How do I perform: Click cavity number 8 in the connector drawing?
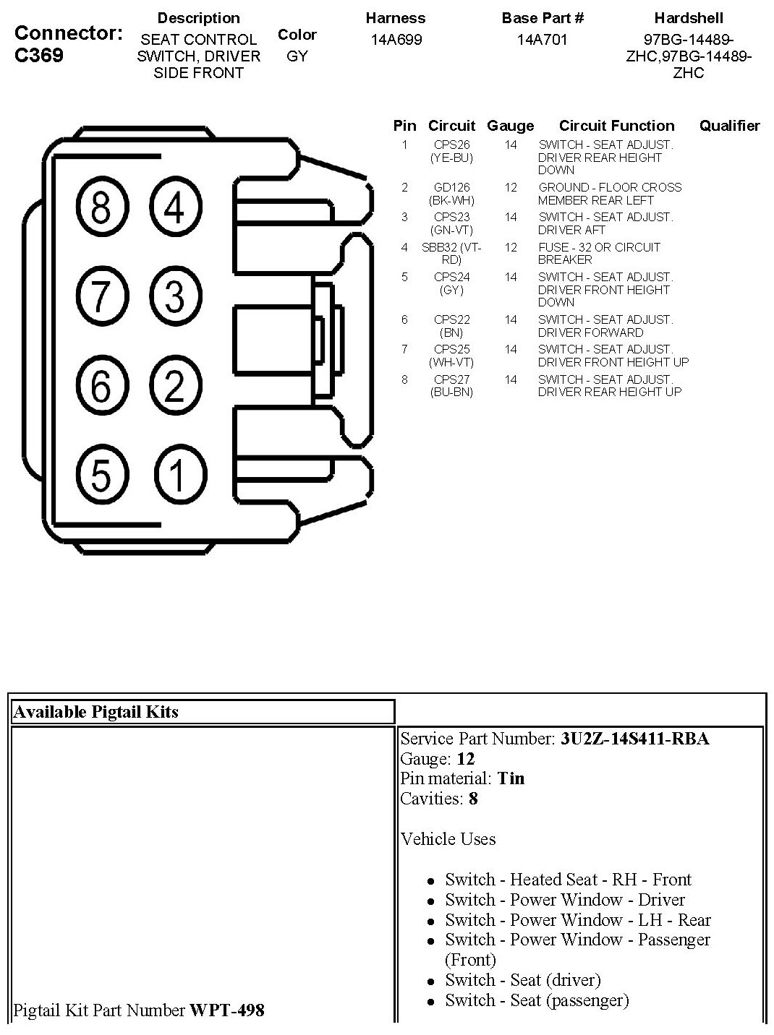tap(101, 207)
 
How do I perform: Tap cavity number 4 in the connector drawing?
tap(175, 207)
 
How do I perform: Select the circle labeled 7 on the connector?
tap(101, 296)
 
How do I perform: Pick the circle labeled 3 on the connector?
tap(175, 296)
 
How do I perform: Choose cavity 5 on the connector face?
tap(101, 474)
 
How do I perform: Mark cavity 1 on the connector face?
tap(177, 474)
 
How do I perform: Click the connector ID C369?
tap(39, 56)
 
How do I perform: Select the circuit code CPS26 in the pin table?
tap(451, 145)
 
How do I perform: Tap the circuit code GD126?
tap(451, 188)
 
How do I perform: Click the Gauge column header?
tap(510, 126)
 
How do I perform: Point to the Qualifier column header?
tap(729, 126)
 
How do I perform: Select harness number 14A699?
tap(396, 40)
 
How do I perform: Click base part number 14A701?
tap(543, 40)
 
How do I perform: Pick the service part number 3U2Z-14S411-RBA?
tap(634, 739)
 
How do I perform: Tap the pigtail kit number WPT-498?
tap(226, 1010)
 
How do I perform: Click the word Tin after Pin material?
tap(511, 779)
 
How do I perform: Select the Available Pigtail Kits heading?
tap(95, 712)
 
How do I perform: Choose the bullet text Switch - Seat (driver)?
tap(523, 980)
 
